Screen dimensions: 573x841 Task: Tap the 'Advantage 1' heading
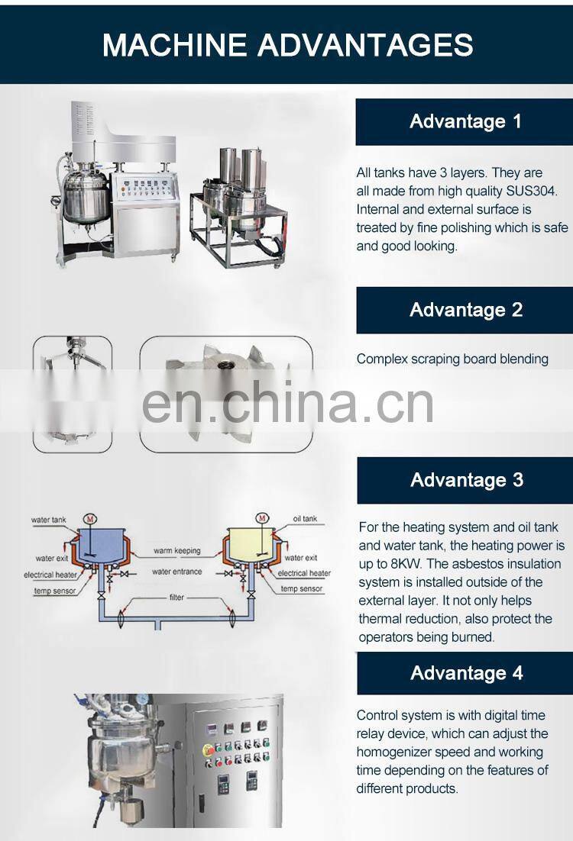[465, 121]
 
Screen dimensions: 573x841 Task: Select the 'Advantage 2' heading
[465, 310]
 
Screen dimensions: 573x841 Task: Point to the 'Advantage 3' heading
[467, 479]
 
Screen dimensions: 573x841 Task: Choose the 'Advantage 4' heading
[467, 672]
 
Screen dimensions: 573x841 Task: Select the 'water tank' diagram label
[48, 519]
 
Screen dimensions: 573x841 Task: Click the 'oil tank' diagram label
[305, 519]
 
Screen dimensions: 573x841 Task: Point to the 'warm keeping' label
[176, 550]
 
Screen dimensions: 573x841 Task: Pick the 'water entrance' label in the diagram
[176, 572]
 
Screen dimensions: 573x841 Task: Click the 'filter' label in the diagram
[176, 597]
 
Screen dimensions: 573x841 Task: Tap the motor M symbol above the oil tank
[262, 518]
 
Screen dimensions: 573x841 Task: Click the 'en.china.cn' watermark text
[287, 402]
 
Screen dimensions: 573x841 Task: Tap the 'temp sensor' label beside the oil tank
[301, 588]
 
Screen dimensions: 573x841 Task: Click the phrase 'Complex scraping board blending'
[452, 359]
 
